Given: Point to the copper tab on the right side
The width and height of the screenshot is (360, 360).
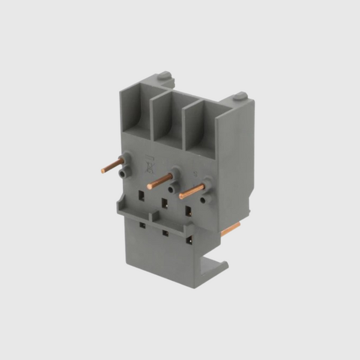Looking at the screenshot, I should point(230,229).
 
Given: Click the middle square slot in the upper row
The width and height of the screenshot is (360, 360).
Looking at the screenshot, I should point(164,203).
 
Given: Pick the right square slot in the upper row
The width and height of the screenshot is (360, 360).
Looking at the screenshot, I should point(188,211).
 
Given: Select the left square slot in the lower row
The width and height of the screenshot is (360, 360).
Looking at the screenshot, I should point(143,225).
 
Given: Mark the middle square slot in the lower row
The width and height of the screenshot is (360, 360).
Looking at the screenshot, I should point(166,233).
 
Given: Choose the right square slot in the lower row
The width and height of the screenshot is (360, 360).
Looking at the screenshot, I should point(190,239).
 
